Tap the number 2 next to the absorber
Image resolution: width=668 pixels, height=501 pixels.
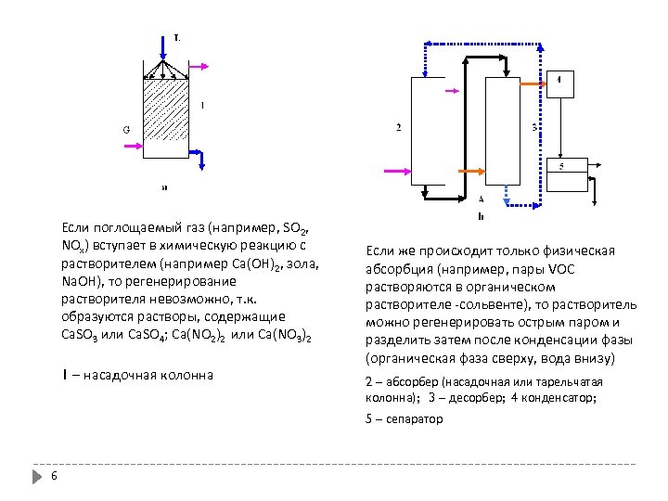[398, 128]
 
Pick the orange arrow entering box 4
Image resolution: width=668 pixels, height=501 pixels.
[533, 83]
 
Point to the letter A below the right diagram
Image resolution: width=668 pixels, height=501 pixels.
[481, 199]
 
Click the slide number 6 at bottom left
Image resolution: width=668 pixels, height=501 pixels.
[55, 477]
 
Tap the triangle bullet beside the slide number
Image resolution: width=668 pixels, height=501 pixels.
[37, 477]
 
